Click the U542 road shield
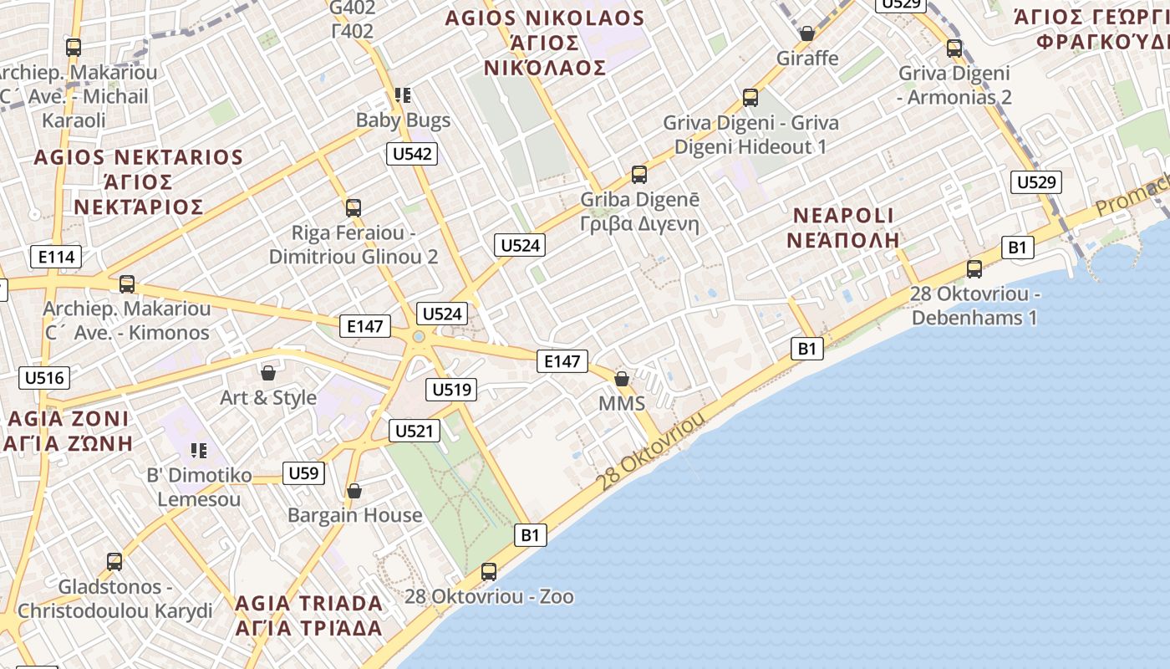tap(413, 153)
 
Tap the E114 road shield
tap(57, 257)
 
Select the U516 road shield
tap(44, 377)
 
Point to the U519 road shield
tap(451, 389)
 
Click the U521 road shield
tap(415, 431)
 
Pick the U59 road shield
tap(303, 473)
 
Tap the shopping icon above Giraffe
tap(807, 33)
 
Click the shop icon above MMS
tap(622, 379)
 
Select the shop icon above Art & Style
tap(268, 372)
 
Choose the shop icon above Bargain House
tap(354, 490)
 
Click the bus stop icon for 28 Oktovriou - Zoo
tap(489, 572)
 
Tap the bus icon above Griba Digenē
tap(639, 175)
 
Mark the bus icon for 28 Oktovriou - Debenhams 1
tap(974, 269)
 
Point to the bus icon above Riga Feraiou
tap(354, 207)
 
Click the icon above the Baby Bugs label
tap(403, 95)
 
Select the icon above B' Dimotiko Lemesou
tap(199, 451)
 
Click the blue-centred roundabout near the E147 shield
tap(419, 336)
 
